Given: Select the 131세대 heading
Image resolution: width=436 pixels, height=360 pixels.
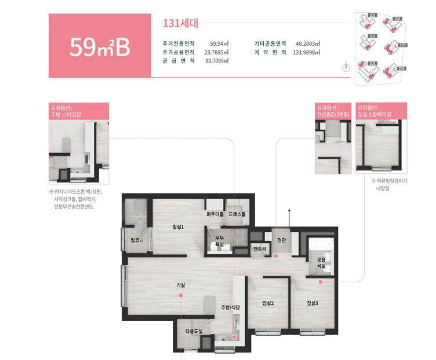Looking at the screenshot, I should pyautogui.click(x=181, y=24).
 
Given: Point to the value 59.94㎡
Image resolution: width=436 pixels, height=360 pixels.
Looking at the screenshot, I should pyautogui.click(x=219, y=43).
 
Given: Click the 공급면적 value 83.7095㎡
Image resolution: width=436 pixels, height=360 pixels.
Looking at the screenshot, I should pyautogui.click(x=217, y=61).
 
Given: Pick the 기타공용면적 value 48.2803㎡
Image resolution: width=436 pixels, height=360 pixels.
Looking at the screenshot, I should pyautogui.click(x=308, y=43).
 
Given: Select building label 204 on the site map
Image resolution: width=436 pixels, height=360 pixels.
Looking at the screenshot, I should pyautogui.click(x=401, y=68).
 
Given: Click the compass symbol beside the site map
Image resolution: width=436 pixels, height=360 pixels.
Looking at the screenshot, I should pyautogui.click(x=346, y=67).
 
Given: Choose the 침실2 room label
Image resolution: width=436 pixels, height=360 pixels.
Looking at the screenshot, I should pyautogui.click(x=267, y=303).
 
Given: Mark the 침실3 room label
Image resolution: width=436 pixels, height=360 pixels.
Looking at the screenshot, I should pyautogui.click(x=313, y=303).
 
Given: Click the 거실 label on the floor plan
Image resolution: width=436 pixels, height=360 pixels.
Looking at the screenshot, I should pyautogui.click(x=181, y=285).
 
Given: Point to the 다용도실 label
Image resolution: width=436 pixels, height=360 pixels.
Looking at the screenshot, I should pyautogui.click(x=194, y=331).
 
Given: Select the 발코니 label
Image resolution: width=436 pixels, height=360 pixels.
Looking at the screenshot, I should pyautogui.click(x=137, y=239).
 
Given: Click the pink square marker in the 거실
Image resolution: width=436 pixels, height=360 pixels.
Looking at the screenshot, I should pyautogui.click(x=181, y=296).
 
